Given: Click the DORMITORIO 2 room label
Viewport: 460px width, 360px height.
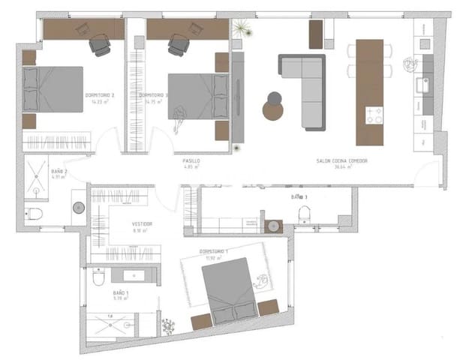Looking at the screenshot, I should tap(100, 95).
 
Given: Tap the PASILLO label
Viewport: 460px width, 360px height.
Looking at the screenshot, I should tap(191, 161).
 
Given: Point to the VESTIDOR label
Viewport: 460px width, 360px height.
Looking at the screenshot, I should tap(143, 223).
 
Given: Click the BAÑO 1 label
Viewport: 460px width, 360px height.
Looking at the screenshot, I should tap(121, 292).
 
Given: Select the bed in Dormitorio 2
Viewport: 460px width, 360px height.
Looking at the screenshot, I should tap(53, 89).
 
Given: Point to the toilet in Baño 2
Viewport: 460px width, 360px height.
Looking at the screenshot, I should tap(34, 214).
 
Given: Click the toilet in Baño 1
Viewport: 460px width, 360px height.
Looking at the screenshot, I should tap(99, 280).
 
